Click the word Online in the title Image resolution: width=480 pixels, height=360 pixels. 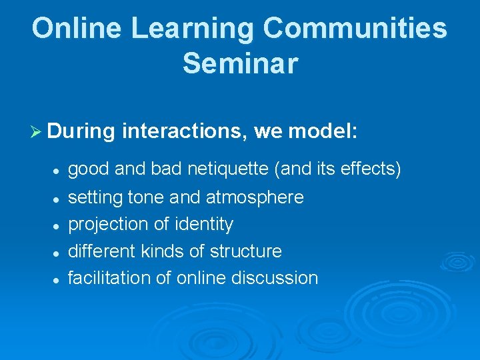point(76,29)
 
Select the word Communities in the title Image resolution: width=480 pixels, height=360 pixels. point(355,29)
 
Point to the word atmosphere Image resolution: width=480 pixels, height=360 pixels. point(255,197)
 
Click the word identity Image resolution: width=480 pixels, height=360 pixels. point(203,225)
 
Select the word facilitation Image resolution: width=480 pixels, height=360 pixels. point(109,278)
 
